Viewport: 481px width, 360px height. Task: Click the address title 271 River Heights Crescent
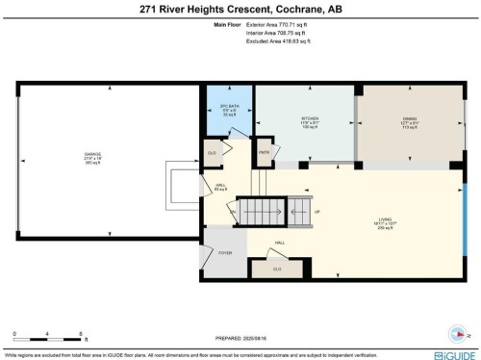tap(240, 10)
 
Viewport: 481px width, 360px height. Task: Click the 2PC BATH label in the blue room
tap(228, 105)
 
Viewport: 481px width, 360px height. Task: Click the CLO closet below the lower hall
tap(277, 268)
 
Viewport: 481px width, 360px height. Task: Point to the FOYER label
tap(225, 252)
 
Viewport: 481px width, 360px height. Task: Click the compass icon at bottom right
tap(459, 335)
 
